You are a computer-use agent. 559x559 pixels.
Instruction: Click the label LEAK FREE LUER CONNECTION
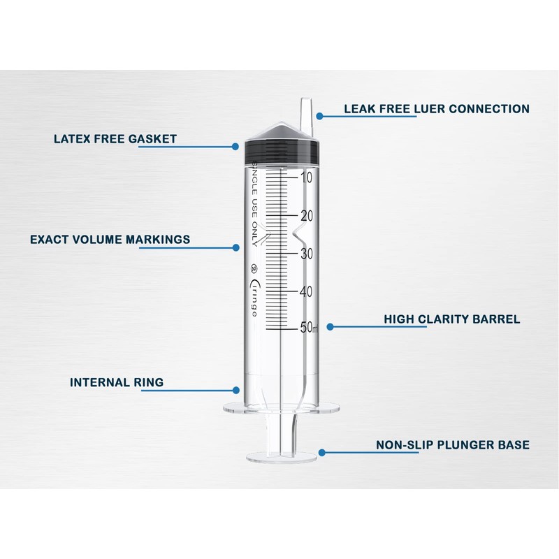[x=436, y=109]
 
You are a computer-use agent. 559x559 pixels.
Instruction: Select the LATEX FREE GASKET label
[x=115, y=138]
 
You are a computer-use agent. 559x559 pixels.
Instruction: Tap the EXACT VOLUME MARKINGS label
[x=110, y=240]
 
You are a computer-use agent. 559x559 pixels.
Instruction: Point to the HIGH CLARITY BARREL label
[x=451, y=319]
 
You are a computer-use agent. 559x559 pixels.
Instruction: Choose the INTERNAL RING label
[x=117, y=382]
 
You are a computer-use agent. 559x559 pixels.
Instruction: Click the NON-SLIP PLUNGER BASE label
[x=453, y=444]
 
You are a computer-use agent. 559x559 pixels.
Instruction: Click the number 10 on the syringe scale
[x=305, y=177]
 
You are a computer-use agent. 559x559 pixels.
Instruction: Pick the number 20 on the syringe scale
[x=305, y=216]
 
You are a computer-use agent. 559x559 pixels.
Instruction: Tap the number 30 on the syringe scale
[x=305, y=254]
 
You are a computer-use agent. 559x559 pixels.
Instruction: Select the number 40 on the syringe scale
[x=305, y=291]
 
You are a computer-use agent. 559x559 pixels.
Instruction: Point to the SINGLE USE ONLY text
[x=255, y=202]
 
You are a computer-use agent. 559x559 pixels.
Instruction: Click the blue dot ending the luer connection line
[x=320, y=116]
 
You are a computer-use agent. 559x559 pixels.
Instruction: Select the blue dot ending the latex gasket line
[x=236, y=147]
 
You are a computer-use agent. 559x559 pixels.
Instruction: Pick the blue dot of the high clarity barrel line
[x=331, y=326]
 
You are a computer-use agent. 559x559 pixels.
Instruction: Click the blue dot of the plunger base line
[x=321, y=452]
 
